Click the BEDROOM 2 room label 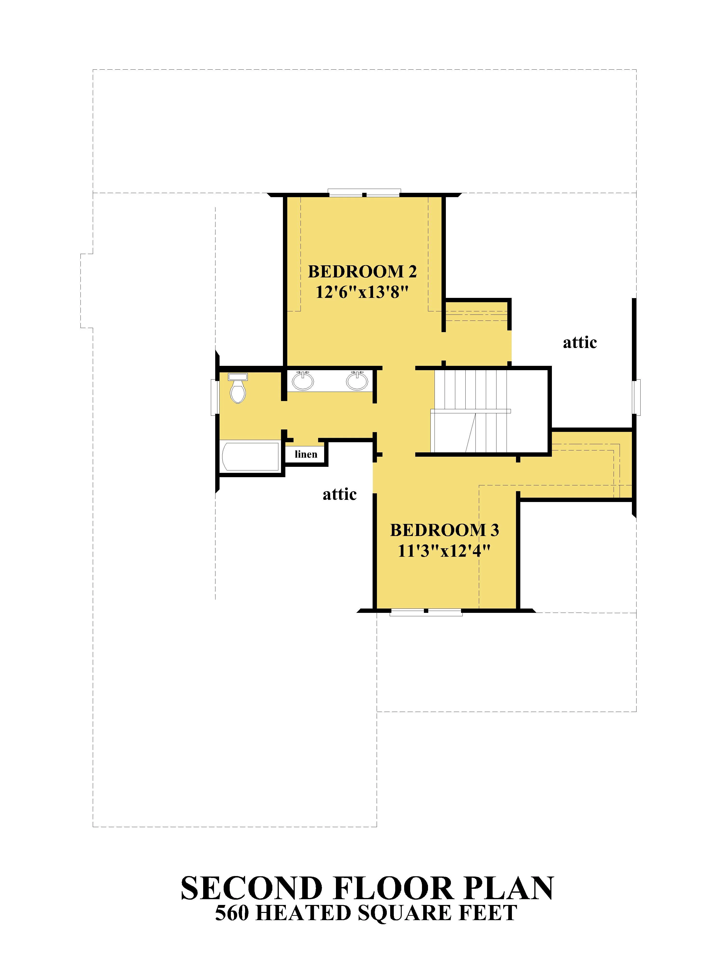click(362, 272)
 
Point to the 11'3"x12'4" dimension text click(444, 551)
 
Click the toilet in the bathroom click(238, 388)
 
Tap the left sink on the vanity click(302, 381)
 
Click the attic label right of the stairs click(580, 342)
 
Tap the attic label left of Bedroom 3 click(340, 494)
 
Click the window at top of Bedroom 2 click(364, 192)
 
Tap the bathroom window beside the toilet click(214, 397)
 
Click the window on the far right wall click(637, 397)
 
